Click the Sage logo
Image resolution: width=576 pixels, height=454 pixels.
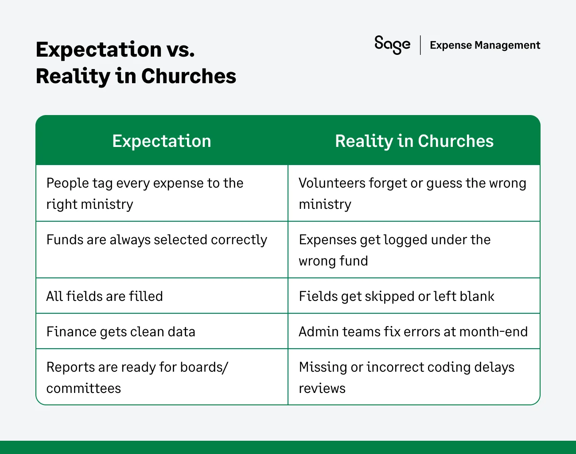pos(392,45)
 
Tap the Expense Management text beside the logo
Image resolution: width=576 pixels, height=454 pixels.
pos(485,45)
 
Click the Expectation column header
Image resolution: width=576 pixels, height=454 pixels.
pos(162,141)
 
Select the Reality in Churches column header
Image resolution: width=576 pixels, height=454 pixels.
pos(414,141)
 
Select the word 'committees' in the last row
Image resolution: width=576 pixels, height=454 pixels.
pos(83,388)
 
